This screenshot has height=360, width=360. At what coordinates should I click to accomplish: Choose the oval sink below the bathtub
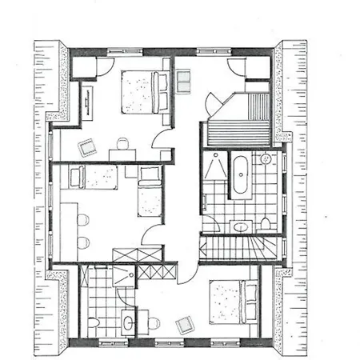click(240, 226)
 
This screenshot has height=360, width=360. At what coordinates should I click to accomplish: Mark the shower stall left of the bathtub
click(214, 170)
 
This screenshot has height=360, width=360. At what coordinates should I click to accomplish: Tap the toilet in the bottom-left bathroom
click(94, 324)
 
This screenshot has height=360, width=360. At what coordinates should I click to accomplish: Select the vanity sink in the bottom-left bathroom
click(128, 324)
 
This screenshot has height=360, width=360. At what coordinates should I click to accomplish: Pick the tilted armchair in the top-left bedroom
click(86, 146)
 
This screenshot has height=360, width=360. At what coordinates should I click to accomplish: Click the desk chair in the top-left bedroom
click(122, 144)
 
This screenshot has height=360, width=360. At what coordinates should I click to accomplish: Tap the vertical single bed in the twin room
click(149, 193)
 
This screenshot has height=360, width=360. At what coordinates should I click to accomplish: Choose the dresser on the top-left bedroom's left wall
click(86, 102)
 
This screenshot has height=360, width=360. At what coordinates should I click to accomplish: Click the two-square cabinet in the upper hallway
click(183, 81)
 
